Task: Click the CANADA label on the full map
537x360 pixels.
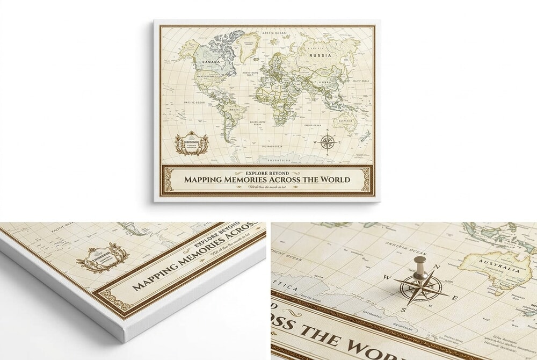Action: [x=210, y=62]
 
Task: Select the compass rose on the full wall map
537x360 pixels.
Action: [x=328, y=142]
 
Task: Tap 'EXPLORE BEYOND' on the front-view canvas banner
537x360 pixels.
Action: [x=267, y=173]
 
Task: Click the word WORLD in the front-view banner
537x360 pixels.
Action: [x=331, y=179]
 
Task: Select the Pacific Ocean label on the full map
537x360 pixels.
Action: [x=194, y=102]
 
